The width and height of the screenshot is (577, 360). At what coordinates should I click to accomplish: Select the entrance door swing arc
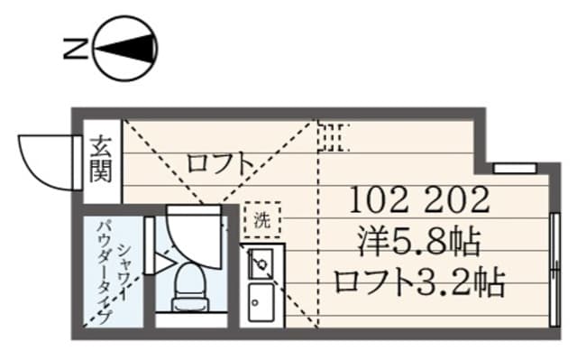coord(42,160)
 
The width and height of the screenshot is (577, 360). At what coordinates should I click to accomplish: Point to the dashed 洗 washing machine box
coord(261,218)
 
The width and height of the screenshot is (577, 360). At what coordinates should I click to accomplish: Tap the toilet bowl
coord(190,282)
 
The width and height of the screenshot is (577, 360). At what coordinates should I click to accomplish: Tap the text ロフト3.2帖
coord(417,282)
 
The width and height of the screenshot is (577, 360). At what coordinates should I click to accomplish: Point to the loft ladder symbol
coord(333,136)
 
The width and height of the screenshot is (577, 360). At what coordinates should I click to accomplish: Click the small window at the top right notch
coord(513,168)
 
